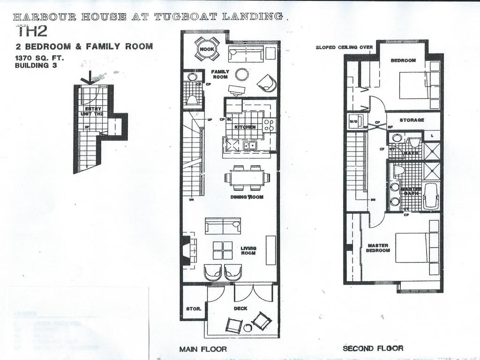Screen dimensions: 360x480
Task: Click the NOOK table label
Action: (x=207, y=49)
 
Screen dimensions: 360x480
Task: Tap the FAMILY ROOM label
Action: (x=220, y=74)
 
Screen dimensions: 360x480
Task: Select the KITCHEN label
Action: (x=245, y=127)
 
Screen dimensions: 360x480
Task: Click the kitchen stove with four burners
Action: (x=269, y=125)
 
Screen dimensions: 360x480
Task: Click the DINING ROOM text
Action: (x=247, y=197)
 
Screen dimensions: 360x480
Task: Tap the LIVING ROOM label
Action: (x=248, y=251)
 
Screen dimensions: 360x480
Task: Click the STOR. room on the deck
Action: (x=193, y=309)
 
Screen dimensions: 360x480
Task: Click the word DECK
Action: (x=241, y=308)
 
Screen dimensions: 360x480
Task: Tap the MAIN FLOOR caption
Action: (x=203, y=349)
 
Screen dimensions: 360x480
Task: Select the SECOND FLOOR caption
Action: (x=373, y=348)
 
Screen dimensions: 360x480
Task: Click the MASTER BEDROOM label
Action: (x=378, y=248)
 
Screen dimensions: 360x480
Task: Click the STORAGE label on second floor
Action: (x=412, y=120)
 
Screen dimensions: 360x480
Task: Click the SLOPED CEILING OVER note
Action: (x=344, y=47)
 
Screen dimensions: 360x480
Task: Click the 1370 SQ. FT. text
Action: (x=39, y=58)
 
